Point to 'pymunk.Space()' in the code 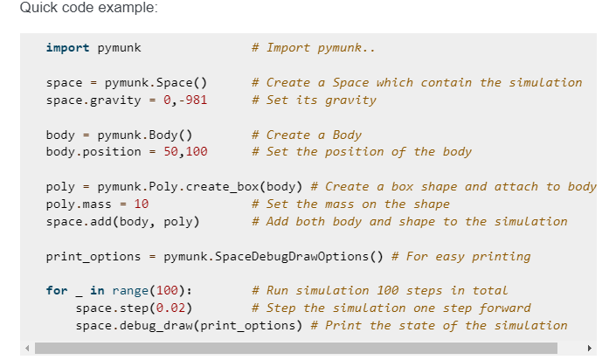(x=156, y=82)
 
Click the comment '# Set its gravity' (x=314, y=100)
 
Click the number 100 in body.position (x=196, y=151)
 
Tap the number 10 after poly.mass (x=141, y=204)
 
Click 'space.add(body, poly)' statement (x=122, y=221)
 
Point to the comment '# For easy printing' (x=461, y=256)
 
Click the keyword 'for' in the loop (x=57, y=290)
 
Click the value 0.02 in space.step (x=170, y=308)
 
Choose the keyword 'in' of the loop (x=97, y=290)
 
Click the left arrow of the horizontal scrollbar (x=28, y=348)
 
